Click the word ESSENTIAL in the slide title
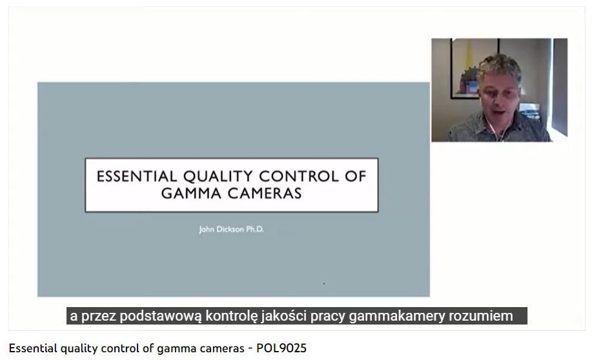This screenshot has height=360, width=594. tap(137, 176)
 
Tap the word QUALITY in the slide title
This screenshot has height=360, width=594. tap(218, 177)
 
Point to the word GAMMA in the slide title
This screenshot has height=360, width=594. tap(191, 194)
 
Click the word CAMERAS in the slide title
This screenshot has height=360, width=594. tap(265, 194)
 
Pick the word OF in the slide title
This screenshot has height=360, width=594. tap(356, 176)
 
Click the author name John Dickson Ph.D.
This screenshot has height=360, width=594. tap(231, 230)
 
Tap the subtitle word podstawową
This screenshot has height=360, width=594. tap(161, 315)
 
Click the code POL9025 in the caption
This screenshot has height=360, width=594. tap(282, 348)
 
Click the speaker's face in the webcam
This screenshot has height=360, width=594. tap(499, 95)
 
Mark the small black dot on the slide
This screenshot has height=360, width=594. tap(324, 283)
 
